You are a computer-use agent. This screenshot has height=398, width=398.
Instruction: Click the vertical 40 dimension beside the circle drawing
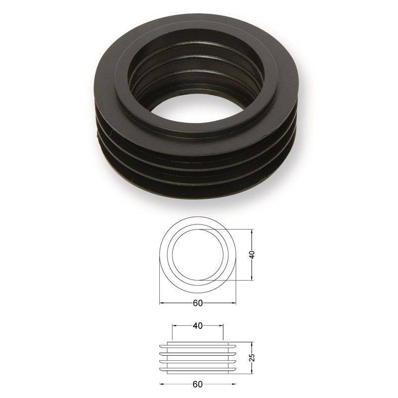coord(252,255)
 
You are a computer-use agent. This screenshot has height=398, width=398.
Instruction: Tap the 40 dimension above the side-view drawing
coord(198,326)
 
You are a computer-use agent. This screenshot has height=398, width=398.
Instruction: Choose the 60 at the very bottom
coord(198,384)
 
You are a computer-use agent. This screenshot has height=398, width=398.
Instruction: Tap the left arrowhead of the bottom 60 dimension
coord(161,384)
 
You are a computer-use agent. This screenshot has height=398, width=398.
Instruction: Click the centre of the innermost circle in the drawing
coord(198,255)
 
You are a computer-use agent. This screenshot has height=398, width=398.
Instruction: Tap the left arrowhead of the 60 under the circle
coord(161,303)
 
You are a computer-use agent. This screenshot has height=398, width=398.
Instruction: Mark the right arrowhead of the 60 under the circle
coord(234,303)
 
